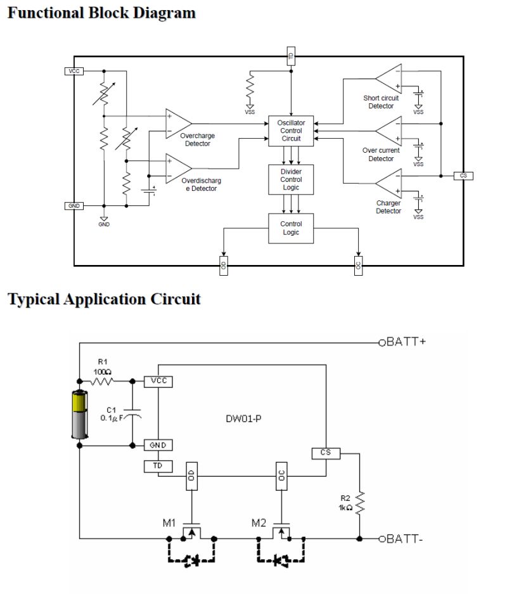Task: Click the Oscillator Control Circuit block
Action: coord(291,131)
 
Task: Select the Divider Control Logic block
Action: coord(291,179)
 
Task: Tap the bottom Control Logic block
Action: coord(291,228)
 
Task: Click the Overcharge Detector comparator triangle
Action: coord(178,124)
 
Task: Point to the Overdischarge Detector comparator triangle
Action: coord(178,169)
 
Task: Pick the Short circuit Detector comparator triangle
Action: coord(388,79)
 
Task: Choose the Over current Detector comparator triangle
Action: coord(388,131)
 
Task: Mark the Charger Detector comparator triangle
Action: coord(388,183)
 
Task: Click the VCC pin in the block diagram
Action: coord(74,71)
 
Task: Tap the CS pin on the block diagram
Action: coord(463,176)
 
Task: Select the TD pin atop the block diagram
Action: coord(291,56)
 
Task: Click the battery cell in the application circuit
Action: coord(79,414)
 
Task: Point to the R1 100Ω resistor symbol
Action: coord(102,381)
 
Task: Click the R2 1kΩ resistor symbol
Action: coord(359,503)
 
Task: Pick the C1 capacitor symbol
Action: coord(132,413)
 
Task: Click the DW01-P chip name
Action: coord(243,418)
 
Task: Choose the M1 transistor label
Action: coord(169,523)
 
